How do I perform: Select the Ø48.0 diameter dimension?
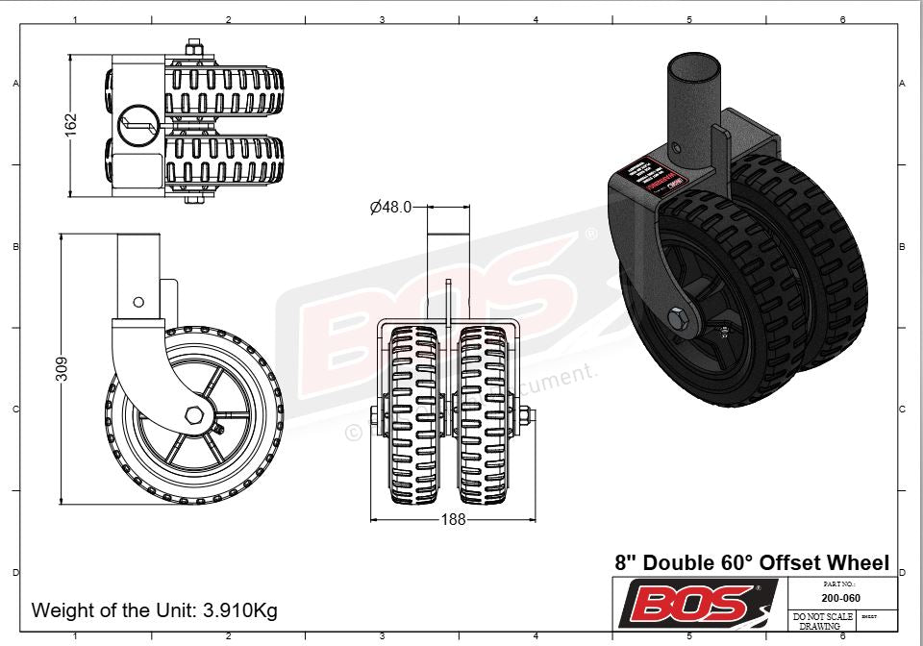tap(390, 207)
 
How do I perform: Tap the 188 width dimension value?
tap(453, 519)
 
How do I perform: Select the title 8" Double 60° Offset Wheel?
tap(751, 562)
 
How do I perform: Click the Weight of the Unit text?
tap(155, 609)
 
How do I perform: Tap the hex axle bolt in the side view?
tap(194, 415)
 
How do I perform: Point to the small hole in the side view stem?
tap(138, 301)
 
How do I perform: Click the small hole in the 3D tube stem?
tap(677, 149)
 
